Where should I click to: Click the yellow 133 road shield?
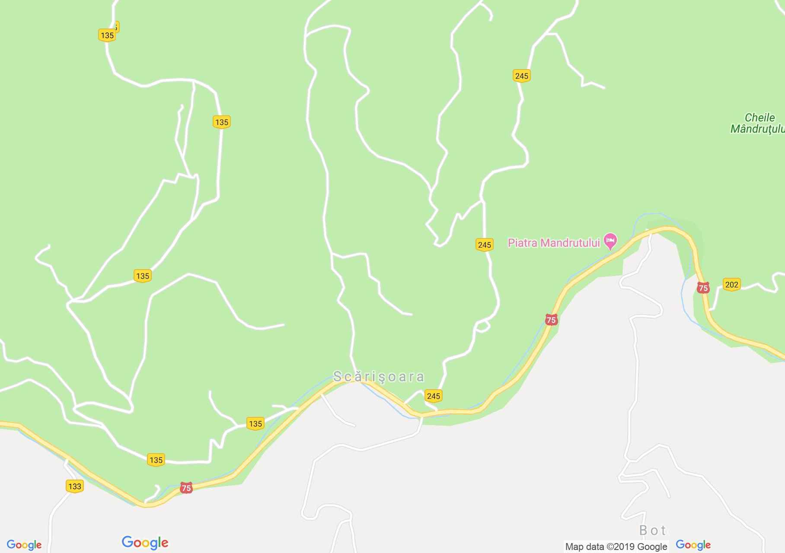tap(75, 486)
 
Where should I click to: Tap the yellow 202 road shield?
tap(731, 284)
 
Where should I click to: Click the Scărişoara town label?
tap(379, 377)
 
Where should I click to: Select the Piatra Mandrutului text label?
tap(554, 243)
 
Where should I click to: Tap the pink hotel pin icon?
tap(610, 241)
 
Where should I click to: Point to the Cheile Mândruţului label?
tap(759, 123)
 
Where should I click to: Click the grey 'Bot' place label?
tap(652, 530)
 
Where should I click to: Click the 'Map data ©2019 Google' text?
tap(616, 547)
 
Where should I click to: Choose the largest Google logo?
tap(145, 543)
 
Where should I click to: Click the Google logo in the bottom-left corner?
tap(24, 545)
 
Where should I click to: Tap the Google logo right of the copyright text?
tap(693, 545)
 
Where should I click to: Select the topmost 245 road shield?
tap(522, 76)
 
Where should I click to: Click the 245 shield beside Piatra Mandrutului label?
tap(485, 245)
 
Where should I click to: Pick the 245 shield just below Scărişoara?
tap(433, 396)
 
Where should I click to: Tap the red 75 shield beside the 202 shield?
tap(703, 288)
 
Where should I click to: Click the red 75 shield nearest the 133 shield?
tap(186, 488)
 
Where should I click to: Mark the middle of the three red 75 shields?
tap(551, 320)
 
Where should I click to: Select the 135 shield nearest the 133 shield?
tap(156, 460)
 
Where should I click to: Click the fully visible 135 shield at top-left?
tap(107, 35)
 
